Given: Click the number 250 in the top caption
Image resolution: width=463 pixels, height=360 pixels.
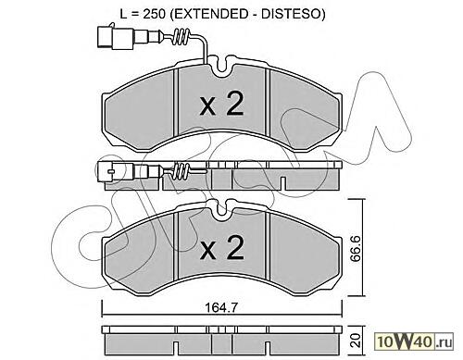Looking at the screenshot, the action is pyautogui.click(x=155, y=13).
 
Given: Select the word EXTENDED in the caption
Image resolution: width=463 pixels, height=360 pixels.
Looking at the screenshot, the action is pyautogui.click(x=212, y=14).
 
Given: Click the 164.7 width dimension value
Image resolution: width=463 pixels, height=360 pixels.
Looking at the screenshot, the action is pyautogui.click(x=221, y=307).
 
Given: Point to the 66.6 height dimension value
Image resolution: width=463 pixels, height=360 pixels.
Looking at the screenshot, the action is pyautogui.click(x=357, y=247).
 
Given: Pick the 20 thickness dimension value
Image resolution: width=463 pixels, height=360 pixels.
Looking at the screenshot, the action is pyautogui.click(x=357, y=341).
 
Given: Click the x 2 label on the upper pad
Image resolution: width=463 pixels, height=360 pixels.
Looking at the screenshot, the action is pyautogui.click(x=221, y=104).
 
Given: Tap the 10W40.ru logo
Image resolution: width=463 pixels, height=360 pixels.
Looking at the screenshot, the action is pyautogui.click(x=414, y=341).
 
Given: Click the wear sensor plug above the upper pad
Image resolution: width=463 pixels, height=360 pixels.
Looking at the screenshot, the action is pyautogui.click(x=115, y=37).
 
